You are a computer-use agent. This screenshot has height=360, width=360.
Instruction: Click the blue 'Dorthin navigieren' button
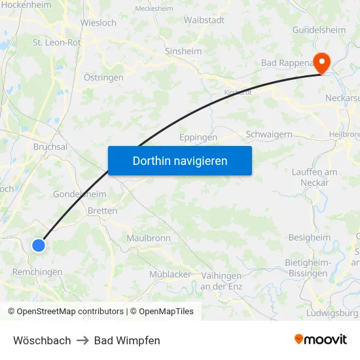[179, 160]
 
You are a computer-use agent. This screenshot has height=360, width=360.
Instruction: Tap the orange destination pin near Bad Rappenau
[323, 63]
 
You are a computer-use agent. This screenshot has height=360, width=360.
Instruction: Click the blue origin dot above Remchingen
[39, 245]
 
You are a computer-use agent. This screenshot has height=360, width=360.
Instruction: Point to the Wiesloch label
[98, 22]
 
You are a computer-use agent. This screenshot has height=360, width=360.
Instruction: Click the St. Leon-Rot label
[57, 42]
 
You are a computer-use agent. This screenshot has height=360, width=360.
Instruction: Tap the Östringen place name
[103, 77]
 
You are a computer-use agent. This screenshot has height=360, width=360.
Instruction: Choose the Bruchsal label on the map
[50, 147]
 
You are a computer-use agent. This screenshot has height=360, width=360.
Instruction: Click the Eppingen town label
[198, 137]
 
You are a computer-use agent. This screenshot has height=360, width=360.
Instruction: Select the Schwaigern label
[268, 134]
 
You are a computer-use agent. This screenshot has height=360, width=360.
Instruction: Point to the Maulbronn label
[149, 238]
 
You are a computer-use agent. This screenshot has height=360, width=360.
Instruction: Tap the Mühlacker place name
[170, 274]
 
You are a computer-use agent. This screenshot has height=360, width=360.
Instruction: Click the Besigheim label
[310, 238]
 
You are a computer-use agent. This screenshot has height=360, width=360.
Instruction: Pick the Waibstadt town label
[204, 20]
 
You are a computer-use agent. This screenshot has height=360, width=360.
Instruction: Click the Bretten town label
[102, 211]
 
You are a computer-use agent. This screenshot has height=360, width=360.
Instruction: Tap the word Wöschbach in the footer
[42, 340]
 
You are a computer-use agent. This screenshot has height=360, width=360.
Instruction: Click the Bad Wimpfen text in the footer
[127, 340]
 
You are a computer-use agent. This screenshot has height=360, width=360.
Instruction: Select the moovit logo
[320, 339]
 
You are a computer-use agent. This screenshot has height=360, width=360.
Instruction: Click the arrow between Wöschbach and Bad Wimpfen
[82, 340]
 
